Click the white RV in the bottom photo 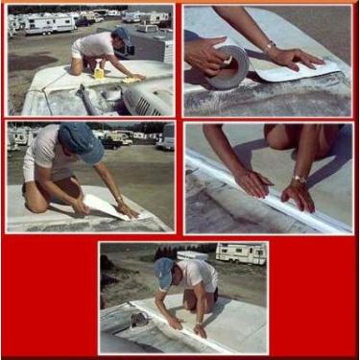pyautogui.click(x=239, y=253)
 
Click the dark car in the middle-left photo pyautogui.click(x=117, y=140)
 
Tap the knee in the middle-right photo pyautogui.click(x=276, y=134)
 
